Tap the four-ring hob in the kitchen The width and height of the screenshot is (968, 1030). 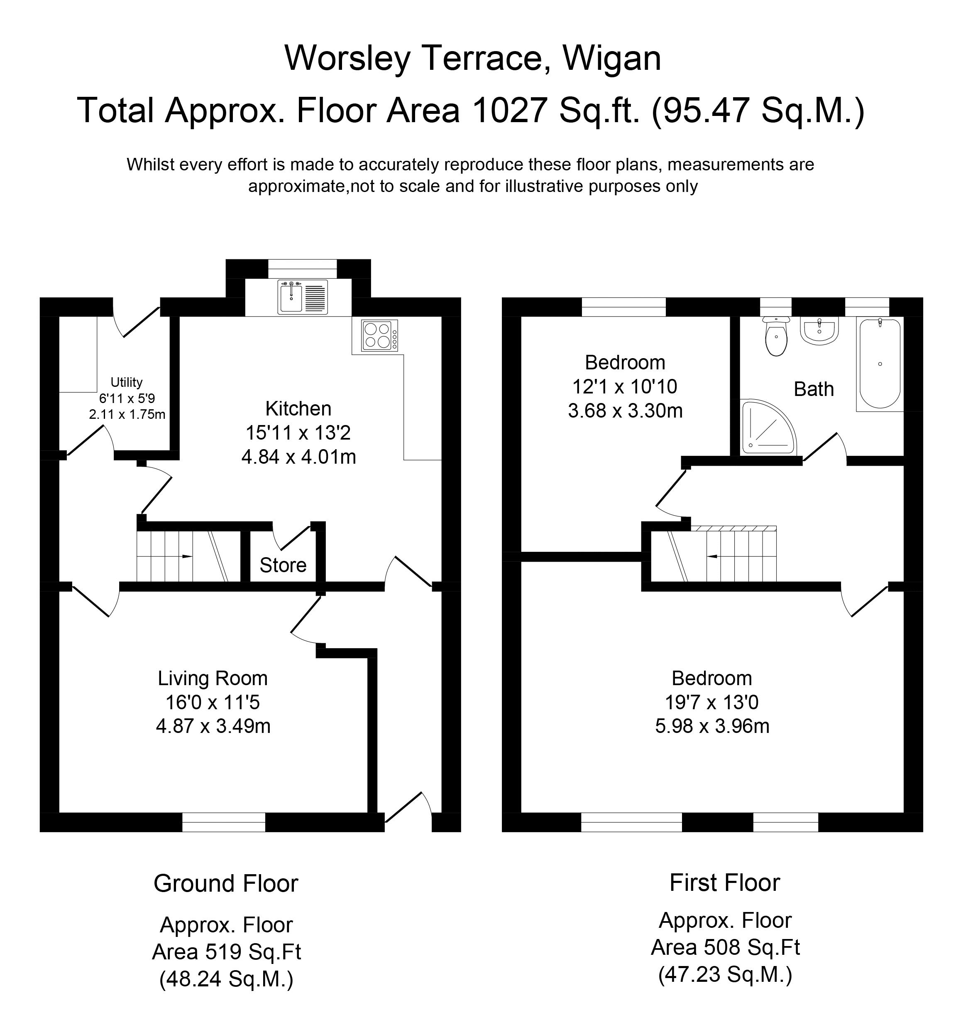pos(380,336)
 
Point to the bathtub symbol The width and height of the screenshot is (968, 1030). pos(880,364)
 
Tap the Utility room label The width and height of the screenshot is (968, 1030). pos(126,382)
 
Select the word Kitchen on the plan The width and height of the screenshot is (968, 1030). pos(298,409)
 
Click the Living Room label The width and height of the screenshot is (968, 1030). pos(213,679)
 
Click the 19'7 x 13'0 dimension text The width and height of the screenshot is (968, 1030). pos(712,703)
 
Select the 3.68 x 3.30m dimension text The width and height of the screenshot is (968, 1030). pos(625,411)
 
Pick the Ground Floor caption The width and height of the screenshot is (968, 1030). pos(226,884)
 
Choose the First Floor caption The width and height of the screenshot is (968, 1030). pos(725,883)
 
